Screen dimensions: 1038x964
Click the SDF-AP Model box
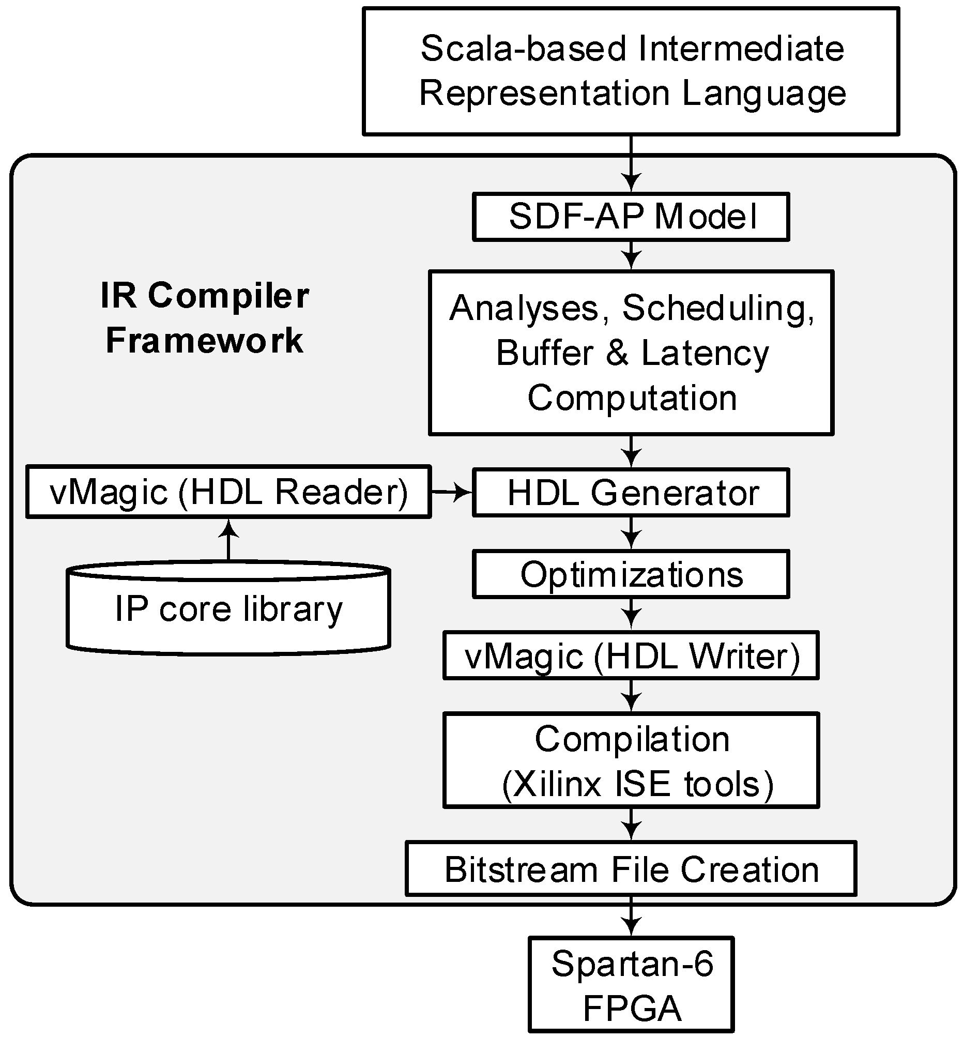tap(631, 217)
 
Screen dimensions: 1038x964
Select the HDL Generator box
tap(631, 493)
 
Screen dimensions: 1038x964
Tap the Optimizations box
tap(631, 574)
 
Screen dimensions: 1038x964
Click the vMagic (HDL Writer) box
tap(631, 655)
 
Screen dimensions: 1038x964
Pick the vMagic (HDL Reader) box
tap(228, 492)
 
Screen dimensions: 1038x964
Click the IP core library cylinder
tap(228, 609)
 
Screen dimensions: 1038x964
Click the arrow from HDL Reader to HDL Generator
tap(451, 492)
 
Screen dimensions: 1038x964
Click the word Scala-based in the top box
tap(523, 49)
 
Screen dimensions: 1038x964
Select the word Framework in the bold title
tap(204, 340)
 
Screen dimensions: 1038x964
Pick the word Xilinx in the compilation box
tap(558, 784)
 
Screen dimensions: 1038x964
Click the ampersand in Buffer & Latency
tap(617, 353)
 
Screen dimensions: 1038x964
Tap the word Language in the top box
tap(763, 94)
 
